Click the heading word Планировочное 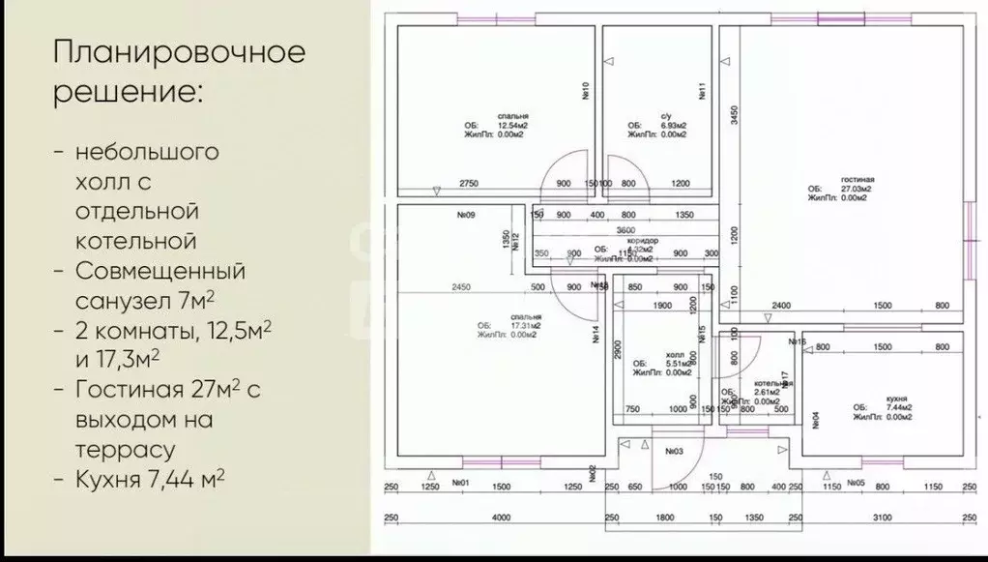179,52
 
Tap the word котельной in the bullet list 135,240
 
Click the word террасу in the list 125,450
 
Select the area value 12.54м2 513,126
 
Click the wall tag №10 586,92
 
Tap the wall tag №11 703,92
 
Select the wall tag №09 464,215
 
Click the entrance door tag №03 674,452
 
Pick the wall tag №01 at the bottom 459,482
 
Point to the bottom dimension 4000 500,518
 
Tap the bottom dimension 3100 882,518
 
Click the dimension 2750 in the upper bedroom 469,183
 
